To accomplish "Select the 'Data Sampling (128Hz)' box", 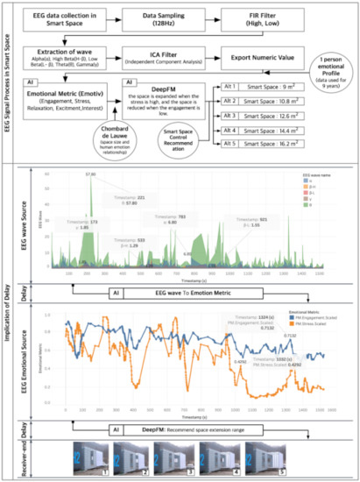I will tap(166, 18).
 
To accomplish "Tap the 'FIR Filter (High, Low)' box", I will tap(270, 18).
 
